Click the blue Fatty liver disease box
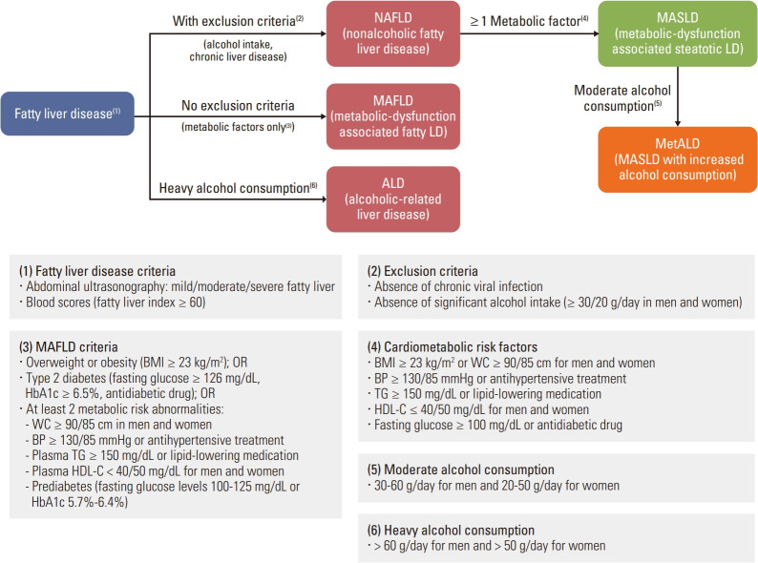(x=68, y=114)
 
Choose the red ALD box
(x=380, y=196)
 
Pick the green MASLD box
(x=677, y=32)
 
